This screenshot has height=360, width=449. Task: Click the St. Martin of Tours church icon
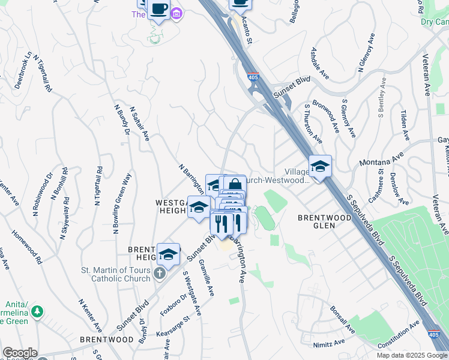(x=158, y=274)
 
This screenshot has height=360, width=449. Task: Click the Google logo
(x=19, y=353)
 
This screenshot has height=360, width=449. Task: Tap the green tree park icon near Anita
(x=37, y=311)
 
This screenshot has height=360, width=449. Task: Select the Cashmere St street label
(x=376, y=185)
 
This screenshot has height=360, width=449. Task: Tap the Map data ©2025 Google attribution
(x=412, y=355)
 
